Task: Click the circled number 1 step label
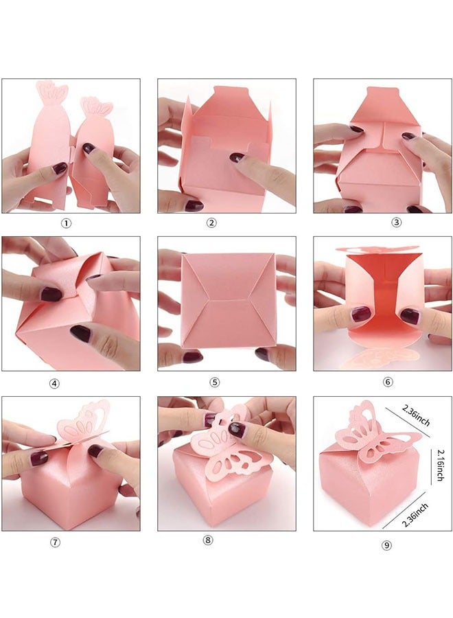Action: pyautogui.click(x=66, y=223)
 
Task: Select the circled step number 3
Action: pyautogui.click(x=377, y=223)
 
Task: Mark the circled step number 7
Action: pyautogui.click(x=56, y=542)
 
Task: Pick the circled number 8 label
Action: pyautogui.click(x=208, y=540)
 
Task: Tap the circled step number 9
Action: pyautogui.click(x=386, y=546)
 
